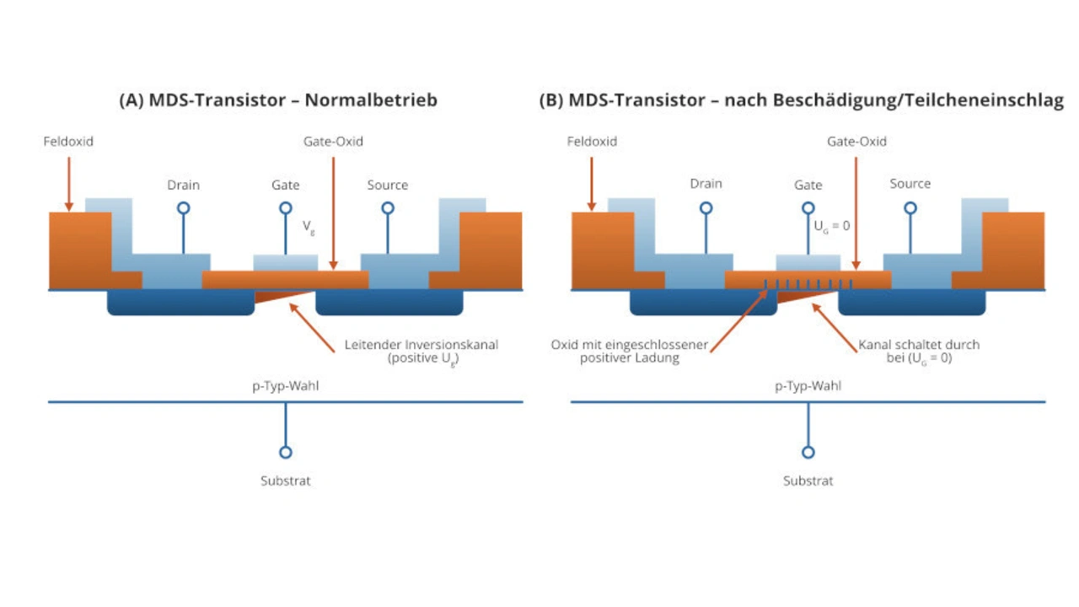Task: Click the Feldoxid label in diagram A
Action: click(x=68, y=141)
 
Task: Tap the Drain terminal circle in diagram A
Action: click(x=184, y=207)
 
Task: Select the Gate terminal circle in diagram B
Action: click(x=808, y=207)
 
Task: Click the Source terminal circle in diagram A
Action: click(x=388, y=207)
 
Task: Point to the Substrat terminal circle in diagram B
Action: click(x=808, y=452)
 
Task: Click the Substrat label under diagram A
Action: click(x=286, y=481)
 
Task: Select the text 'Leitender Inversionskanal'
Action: click(x=421, y=345)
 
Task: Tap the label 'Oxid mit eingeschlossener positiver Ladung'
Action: click(x=630, y=352)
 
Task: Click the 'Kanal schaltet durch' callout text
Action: click(x=919, y=345)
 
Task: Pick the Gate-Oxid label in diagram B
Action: click(x=857, y=141)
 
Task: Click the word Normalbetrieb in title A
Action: click(x=371, y=99)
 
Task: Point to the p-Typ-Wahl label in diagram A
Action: click(x=286, y=385)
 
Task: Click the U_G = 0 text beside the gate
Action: click(x=832, y=226)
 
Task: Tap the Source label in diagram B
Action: click(x=910, y=184)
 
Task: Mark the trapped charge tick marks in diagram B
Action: click(x=808, y=284)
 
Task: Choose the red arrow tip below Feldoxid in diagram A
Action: click(x=69, y=210)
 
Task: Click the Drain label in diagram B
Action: click(x=706, y=184)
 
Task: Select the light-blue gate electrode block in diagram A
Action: click(x=286, y=262)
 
